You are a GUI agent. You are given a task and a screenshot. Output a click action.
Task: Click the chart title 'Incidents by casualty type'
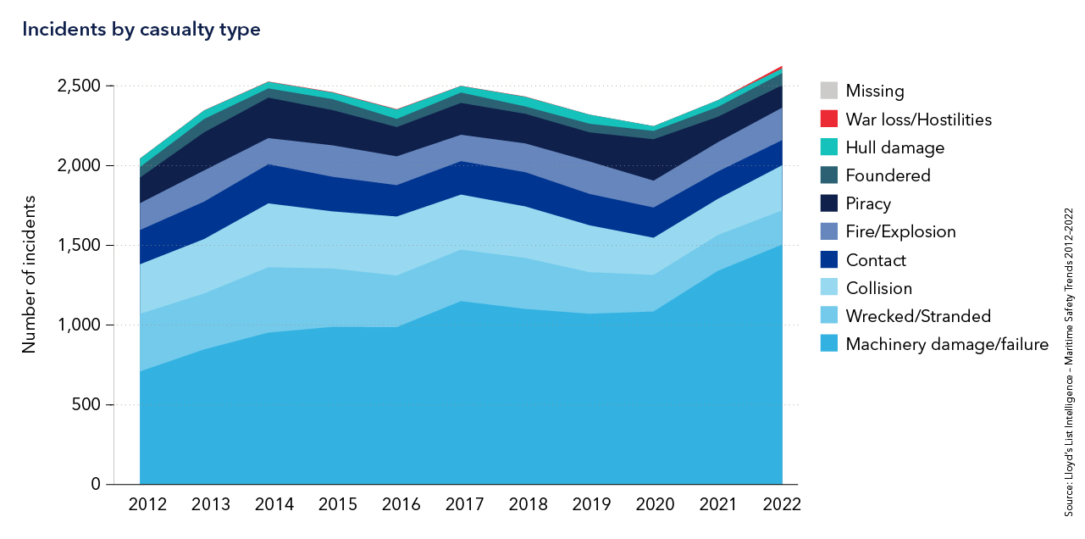coord(141,30)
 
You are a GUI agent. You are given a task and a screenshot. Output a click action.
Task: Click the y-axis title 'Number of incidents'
coord(30,274)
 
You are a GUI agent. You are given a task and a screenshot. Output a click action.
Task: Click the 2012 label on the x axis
coord(147,504)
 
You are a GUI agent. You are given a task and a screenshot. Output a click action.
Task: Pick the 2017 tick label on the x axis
coord(464,504)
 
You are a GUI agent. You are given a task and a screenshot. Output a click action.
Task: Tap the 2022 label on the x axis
coord(781,504)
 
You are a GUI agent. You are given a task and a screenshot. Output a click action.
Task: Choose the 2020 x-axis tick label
coord(654,504)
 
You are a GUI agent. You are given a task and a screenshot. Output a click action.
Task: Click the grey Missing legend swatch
coord(829,91)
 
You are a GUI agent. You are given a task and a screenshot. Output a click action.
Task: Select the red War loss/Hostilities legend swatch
coord(829,119)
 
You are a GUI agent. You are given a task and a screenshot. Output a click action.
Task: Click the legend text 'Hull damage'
coord(894,147)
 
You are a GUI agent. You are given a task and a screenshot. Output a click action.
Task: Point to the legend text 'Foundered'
coord(888,175)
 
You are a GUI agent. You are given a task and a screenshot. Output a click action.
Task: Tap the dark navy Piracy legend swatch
coord(829,203)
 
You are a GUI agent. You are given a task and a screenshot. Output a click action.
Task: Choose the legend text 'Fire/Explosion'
coord(900,231)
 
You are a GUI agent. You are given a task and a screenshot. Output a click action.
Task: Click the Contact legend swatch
coord(829,260)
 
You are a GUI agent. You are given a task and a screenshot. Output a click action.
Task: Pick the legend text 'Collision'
coord(878,288)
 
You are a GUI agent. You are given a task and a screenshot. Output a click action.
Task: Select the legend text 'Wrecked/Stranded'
coord(918,316)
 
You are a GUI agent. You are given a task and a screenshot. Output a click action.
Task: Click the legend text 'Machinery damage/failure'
coord(947,344)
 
